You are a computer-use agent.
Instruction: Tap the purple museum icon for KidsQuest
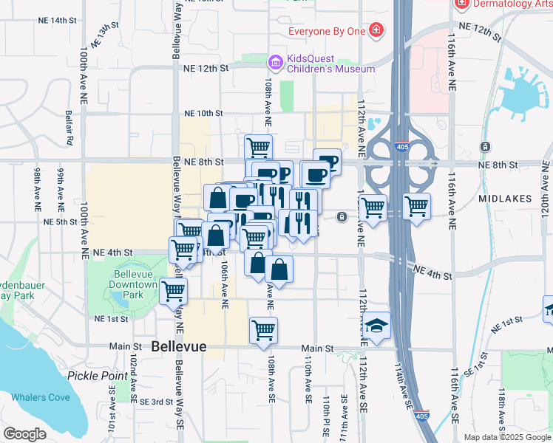pos(275,62)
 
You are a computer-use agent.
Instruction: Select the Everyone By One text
pos(326,31)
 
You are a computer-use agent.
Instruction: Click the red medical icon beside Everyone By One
pos(376,31)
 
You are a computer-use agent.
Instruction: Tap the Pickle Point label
pos(98,375)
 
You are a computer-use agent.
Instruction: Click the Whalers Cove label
pos(41,397)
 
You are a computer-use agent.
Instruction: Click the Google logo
pos(24,433)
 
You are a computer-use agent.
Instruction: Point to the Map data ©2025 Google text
pos(507,437)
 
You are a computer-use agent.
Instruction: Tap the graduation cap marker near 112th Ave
pos(376,325)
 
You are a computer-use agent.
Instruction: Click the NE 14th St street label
pos(69,21)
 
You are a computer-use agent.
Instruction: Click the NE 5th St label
pos(61,221)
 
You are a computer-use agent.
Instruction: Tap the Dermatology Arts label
pos(512,4)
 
